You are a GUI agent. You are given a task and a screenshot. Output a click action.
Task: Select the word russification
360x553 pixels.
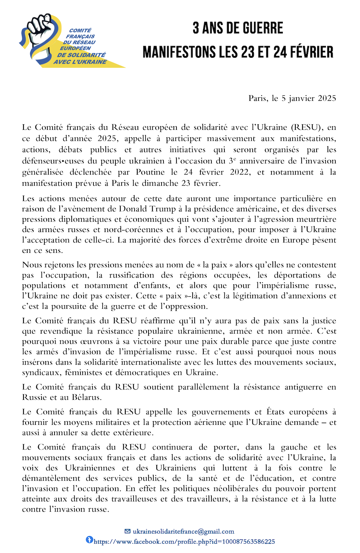(x=132, y=275)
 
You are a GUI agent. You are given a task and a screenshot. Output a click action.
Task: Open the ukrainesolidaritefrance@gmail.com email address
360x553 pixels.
(x=183, y=532)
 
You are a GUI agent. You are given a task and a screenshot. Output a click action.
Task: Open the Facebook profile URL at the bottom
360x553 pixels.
(x=184, y=542)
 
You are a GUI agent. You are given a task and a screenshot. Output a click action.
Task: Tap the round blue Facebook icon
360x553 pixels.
(x=89, y=540)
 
